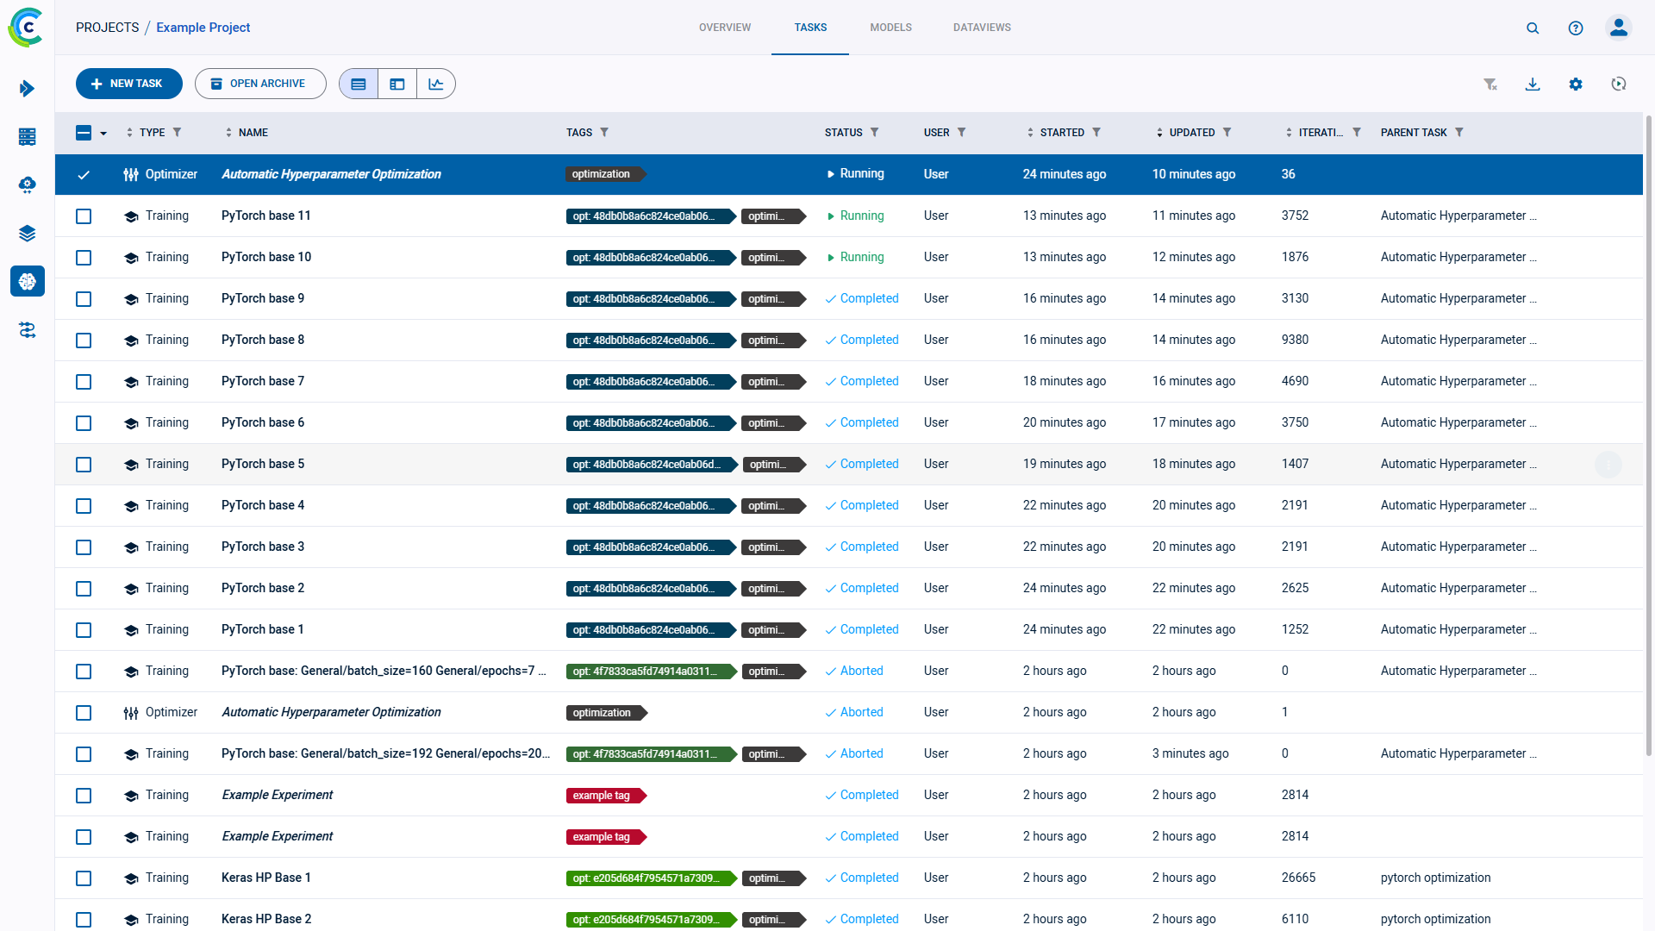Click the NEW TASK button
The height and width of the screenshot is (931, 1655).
pos(128,84)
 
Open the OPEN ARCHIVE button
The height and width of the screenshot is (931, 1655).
pos(259,84)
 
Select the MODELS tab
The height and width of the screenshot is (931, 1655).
pos(890,28)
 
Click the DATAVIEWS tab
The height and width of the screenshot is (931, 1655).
pos(982,28)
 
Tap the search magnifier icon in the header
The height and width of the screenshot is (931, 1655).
pos(1533,28)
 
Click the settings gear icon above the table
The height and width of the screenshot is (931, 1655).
pos(1576,84)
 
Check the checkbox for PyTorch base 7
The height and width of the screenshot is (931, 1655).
pos(84,382)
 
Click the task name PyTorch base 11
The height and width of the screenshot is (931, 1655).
pos(265,216)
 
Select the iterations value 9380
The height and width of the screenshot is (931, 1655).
pos(1295,340)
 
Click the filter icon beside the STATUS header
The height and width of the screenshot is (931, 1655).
pos(874,132)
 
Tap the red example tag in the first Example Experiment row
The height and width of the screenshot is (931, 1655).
pos(603,795)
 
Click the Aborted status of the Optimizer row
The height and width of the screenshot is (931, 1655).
pos(861,712)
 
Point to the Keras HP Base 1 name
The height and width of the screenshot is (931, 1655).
pos(265,878)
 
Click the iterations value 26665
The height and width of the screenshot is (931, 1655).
pos(1298,878)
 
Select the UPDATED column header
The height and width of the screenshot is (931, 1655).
pos(1191,132)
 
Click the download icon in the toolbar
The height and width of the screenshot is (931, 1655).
pos(1533,84)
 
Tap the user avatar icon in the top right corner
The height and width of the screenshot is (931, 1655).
pos(1618,28)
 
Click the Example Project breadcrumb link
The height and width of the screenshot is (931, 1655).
pos(203,28)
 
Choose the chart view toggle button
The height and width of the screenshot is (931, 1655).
pos(436,84)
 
